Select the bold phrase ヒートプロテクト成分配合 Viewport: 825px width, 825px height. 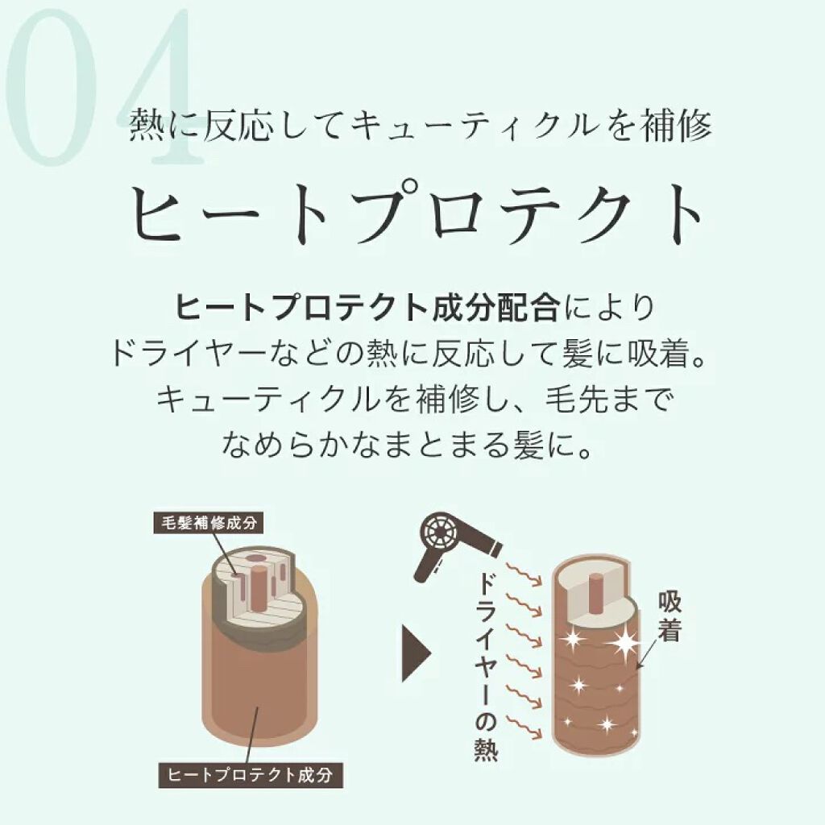coord(367,308)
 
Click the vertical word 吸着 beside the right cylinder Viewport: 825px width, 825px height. coord(670,616)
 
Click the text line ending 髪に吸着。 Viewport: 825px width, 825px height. coord(412,354)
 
